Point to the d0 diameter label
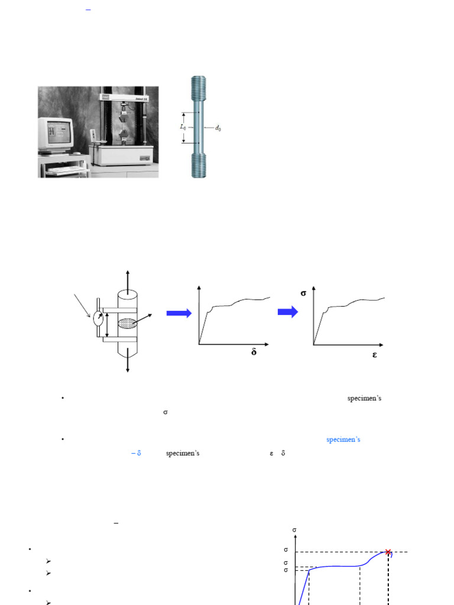[x=218, y=128]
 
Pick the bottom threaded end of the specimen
[x=199, y=165]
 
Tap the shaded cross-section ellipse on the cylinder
[x=128, y=323]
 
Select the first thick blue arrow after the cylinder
[x=179, y=313]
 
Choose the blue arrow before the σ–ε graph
[x=288, y=313]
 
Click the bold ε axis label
[x=375, y=354]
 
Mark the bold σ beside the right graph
[x=304, y=292]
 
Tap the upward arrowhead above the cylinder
[x=128, y=274]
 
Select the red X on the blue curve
[x=388, y=552]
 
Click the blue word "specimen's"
[x=343, y=440]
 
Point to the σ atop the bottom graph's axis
[x=294, y=530]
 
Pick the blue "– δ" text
[x=136, y=454]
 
